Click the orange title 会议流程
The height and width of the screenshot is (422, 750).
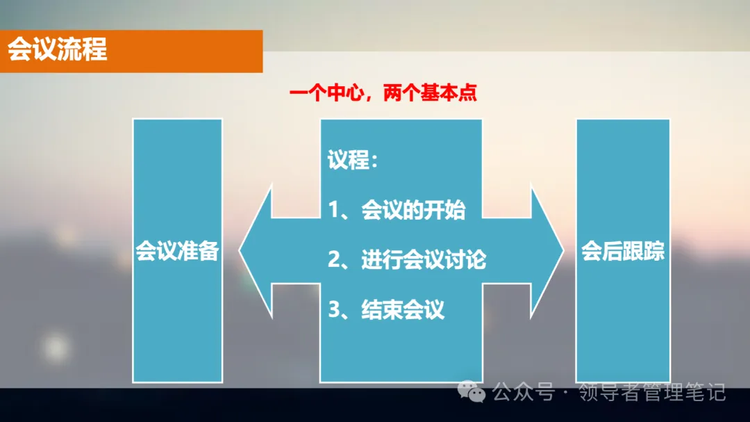tap(58, 50)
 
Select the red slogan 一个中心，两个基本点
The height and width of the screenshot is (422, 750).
tap(383, 93)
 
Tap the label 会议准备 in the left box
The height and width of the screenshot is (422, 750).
tap(177, 251)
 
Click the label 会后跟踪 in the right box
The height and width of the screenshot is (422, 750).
tap(623, 251)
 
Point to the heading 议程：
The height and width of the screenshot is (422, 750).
tap(353, 161)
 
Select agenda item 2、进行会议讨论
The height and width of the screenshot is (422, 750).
tap(407, 260)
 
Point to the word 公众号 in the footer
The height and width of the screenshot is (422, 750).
tap(524, 393)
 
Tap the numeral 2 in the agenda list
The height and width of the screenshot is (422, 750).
tap(334, 260)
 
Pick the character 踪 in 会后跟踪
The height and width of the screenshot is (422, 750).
tap(654, 251)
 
